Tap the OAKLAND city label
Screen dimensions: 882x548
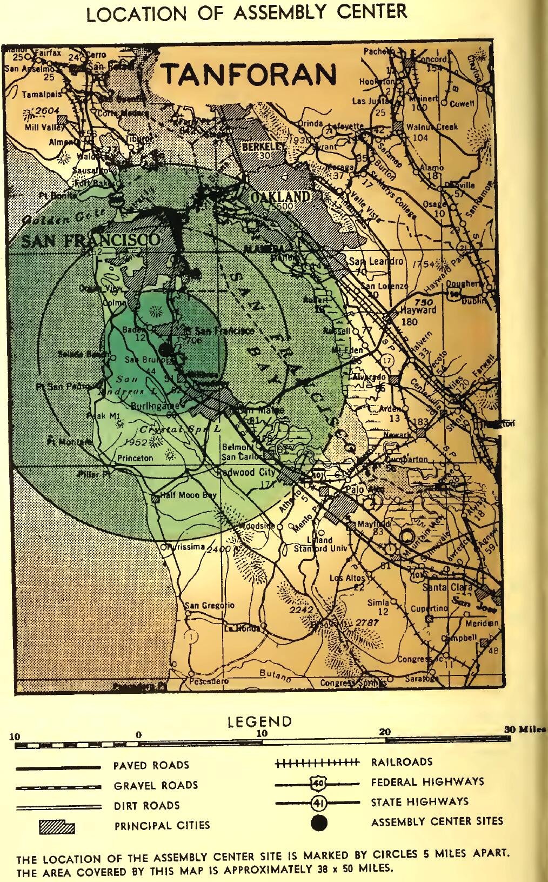(x=280, y=197)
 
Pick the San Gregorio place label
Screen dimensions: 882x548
(x=210, y=605)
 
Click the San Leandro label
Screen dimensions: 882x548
(x=378, y=262)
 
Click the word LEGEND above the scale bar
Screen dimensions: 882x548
(x=259, y=721)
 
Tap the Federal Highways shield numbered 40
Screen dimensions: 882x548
(x=317, y=782)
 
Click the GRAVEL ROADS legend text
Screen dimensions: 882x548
(x=156, y=785)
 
